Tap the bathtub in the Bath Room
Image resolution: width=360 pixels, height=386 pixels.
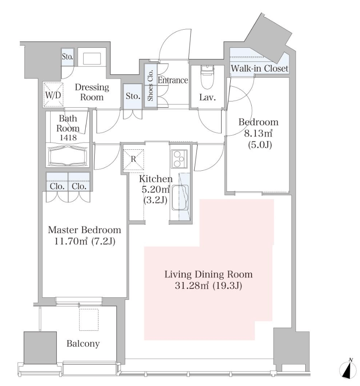coord(68,156)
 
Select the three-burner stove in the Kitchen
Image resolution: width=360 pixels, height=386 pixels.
coord(179,159)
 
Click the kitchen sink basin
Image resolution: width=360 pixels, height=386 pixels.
coord(180,197)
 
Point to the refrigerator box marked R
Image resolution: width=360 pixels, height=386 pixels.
coord(133,159)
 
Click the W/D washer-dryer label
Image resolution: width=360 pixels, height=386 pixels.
coord(54,95)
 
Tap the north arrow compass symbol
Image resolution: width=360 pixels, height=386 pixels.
coord(348,370)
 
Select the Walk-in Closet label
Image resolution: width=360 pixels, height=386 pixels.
coord(259,68)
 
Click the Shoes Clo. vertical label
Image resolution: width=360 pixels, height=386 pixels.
coord(150,85)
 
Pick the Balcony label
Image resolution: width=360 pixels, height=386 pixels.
coord(83,344)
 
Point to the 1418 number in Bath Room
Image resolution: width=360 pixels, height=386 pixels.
coord(68,138)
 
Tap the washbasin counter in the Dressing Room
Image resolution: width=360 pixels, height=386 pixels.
coord(92,59)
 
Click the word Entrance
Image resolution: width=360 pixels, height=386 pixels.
coord(173,80)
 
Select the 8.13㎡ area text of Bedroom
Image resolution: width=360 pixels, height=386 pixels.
coord(258,134)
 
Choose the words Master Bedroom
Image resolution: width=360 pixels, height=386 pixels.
coord(84,230)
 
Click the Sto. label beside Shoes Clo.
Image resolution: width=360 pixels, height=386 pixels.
coord(133,96)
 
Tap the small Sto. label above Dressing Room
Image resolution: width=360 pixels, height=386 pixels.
coord(68,57)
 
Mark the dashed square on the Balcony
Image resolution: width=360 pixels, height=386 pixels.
coord(89,320)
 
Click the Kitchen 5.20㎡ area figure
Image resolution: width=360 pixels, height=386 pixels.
coord(156,190)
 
